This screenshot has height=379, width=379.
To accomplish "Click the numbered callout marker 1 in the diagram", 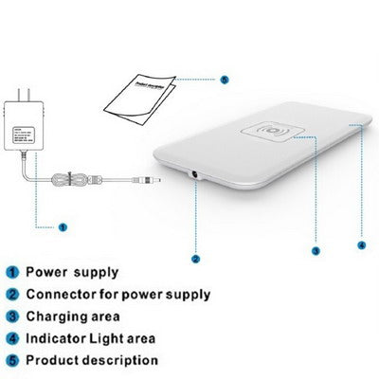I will click(x=63, y=227).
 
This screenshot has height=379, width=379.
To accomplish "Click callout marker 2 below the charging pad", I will click(x=195, y=258).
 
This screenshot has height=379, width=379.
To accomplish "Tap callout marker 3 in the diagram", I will click(x=315, y=250).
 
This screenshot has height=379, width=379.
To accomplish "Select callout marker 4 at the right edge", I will click(x=361, y=244).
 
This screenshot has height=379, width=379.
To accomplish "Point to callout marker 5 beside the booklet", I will click(x=224, y=80).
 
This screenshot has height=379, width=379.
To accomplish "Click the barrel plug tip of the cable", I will click(x=148, y=178).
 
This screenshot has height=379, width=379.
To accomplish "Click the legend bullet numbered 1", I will click(x=13, y=271).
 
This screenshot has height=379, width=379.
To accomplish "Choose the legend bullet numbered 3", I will click(x=13, y=316).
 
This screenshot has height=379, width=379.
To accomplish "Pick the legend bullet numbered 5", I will click(x=13, y=360).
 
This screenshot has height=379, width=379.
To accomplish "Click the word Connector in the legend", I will click(x=62, y=294).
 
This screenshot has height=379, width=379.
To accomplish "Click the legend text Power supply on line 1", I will click(x=70, y=271).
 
